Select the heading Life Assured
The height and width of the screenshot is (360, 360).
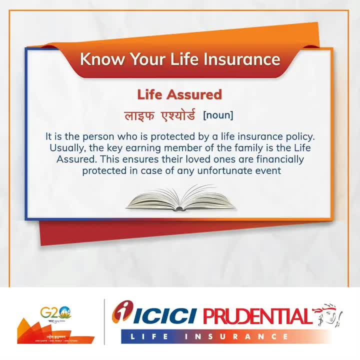point(179,94)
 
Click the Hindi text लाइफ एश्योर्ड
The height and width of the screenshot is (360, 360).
point(160,115)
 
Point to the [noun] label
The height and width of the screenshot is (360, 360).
point(218,115)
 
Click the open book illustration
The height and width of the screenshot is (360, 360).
point(180,197)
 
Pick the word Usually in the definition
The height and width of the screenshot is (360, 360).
point(67,148)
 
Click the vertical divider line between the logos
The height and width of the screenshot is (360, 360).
point(104,322)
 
